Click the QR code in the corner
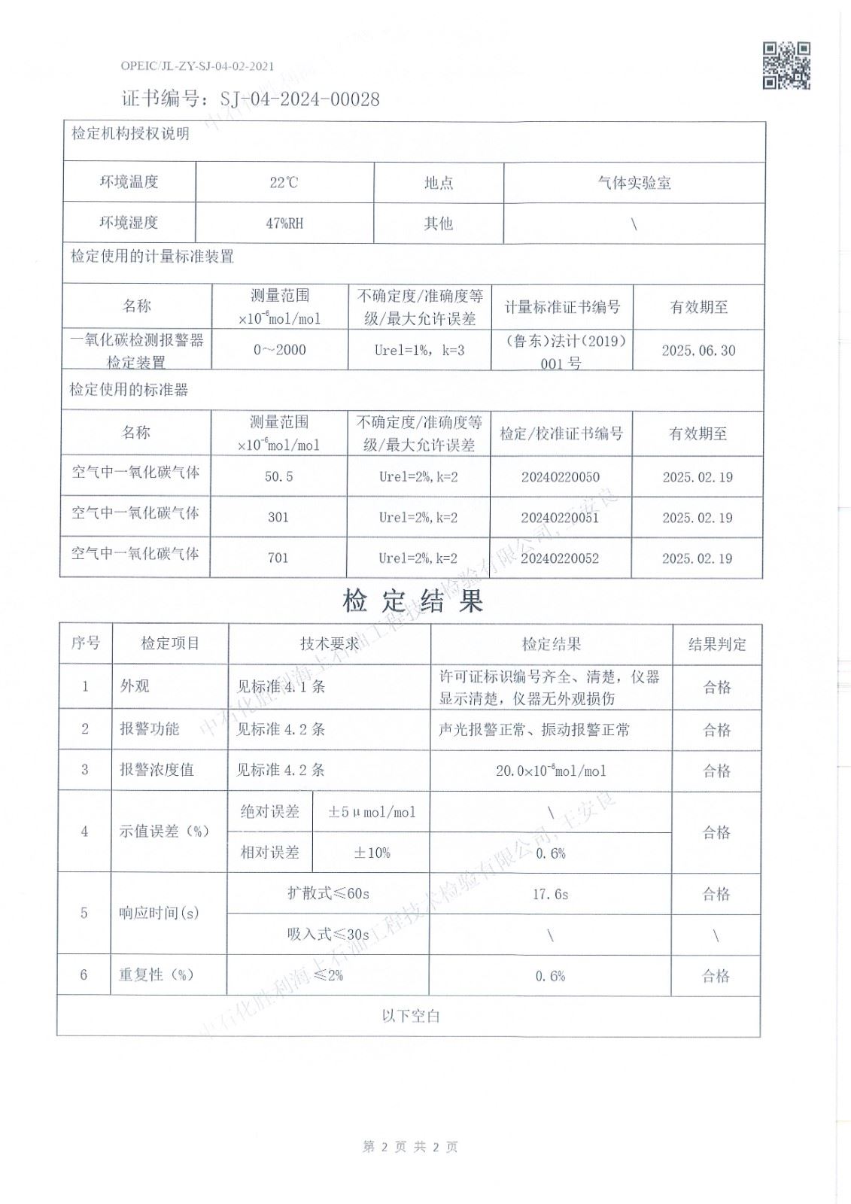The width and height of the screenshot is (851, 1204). pyautogui.click(x=786, y=66)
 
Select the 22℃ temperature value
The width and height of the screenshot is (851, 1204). pyautogui.click(x=284, y=182)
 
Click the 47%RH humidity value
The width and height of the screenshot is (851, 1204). pyautogui.click(x=284, y=223)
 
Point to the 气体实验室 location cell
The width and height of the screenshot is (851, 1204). pyautogui.click(x=634, y=183)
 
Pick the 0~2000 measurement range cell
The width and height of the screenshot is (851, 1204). pyautogui.click(x=279, y=350)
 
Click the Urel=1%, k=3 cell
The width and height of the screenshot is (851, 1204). pyautogui.click(x=419, y=350)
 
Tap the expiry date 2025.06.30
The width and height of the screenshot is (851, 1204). pyautogui.click(x=698, y=351)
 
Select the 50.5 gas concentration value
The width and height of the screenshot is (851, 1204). pyautogui.click(x=278, y=477)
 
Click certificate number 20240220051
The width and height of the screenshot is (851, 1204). pyautogui.click(x=560, y=518)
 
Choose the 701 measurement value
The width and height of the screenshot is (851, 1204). pyautogui.click(x=278, y=558)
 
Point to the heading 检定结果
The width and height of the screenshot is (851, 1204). pyautogui.click(x=412, y=600)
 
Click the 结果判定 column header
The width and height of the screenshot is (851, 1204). pyautogui.click(x=717, y=644)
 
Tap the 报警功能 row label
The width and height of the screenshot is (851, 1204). pyautogui.click(x=149, y=729)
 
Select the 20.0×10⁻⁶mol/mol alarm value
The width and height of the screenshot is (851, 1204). pyautogui.click(x=551, y=771)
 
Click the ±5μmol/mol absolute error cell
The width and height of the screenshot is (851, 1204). pyautogui.click(x=371, y=812)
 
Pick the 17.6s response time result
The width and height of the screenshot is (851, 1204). pyautogui.click(x=550, y=894)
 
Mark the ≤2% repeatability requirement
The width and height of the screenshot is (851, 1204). pyautogui.click(x=328, y=975)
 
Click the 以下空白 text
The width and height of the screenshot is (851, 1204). pyautogui.click(x=410, y=1016)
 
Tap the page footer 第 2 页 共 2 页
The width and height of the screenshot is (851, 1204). pyautogui.click(x=410, y=1147)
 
